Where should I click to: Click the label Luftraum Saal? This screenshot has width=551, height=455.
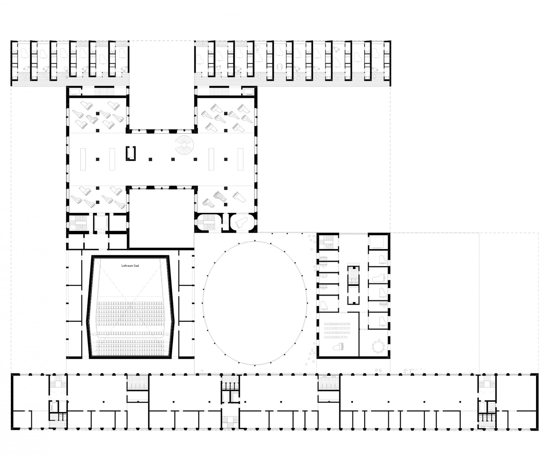coord(130,265)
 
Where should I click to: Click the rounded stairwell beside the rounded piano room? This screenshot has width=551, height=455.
coord(209,222)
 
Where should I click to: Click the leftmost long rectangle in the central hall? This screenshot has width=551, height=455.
coord(83,159)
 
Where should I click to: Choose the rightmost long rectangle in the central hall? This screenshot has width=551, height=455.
coord(240,159)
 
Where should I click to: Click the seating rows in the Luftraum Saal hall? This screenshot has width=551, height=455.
coord(131,328)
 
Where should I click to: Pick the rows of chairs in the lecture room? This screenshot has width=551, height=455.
coord(337,330)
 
